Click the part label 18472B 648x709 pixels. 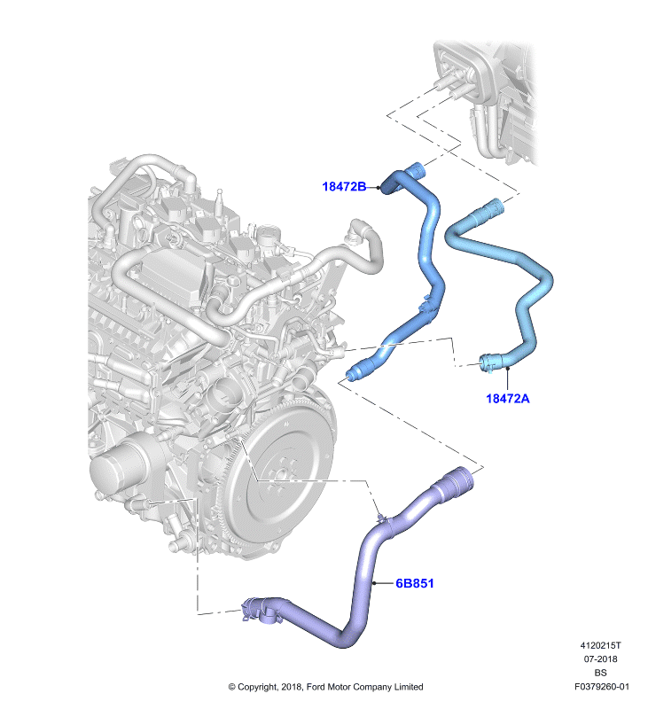point(344,186)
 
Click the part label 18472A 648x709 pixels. point(507,398)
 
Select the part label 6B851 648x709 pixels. point(415,583)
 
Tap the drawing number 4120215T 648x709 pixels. point(600,646)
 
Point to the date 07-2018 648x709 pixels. point(600,659)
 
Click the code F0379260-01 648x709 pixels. point(601,687)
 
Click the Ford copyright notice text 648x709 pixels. point(325,687)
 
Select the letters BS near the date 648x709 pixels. point(600,673)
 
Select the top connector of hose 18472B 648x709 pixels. point(415,171)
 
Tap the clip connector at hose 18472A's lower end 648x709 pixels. point(489,363)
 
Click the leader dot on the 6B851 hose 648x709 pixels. point(374,583)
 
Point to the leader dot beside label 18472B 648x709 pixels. point(378,187)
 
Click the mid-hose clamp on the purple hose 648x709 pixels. point(384,518)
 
